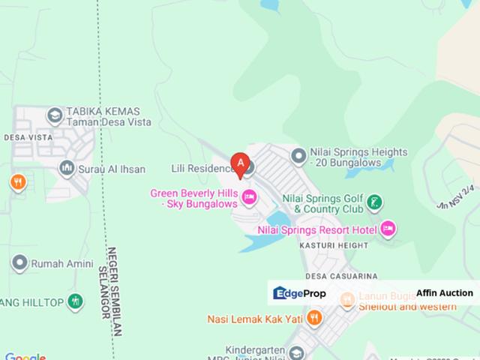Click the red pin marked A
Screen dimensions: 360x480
(x=240, y=162)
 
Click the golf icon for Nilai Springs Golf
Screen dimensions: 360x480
(x=376, y=202)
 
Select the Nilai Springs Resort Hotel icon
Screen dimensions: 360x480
(x=387, y=228)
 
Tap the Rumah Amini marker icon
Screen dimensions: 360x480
(x=19, y=263)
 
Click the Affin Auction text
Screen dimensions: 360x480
(x=445, y=293)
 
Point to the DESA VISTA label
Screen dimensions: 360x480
(x=28, y=137)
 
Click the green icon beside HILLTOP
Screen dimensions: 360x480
(x=74, y=301)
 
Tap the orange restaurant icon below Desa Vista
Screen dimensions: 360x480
(x=18, y=181)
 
